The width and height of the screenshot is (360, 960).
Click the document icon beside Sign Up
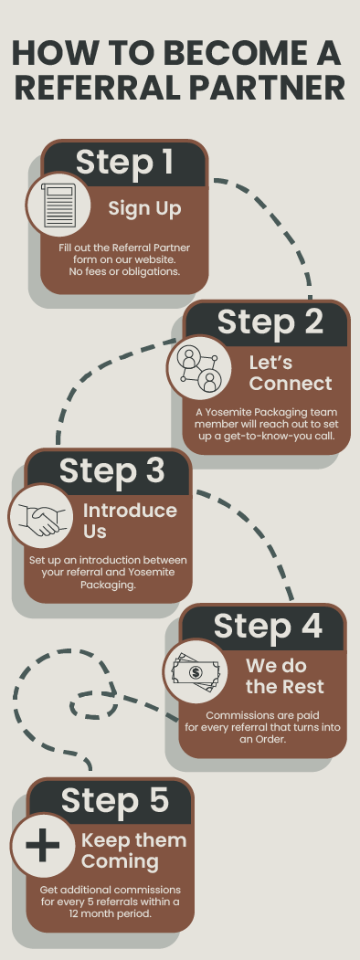[x=58, y=206]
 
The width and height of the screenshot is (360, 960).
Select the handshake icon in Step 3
[x=41, y=519]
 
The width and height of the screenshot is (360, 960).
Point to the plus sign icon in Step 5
[x=42, y=846]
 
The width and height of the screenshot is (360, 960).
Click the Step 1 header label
[x=124, y=163]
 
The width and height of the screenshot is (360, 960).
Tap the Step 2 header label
[x=270, y=322]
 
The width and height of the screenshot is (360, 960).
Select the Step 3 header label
[x=112, y=470]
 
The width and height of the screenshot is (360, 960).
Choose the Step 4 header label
[x=268, y=626]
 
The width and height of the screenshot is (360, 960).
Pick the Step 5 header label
[x=114, y=800]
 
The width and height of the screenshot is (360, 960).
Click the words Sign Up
[x=145, y=209]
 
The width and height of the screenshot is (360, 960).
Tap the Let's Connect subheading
[x=291, y=373]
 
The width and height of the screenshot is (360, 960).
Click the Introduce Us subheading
[x=130, y=521]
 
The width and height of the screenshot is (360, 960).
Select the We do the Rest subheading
[x=285, y=676]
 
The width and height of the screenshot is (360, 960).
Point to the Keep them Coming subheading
[x=133, y=850]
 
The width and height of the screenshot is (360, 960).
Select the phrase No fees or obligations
[x=124, y=271]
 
